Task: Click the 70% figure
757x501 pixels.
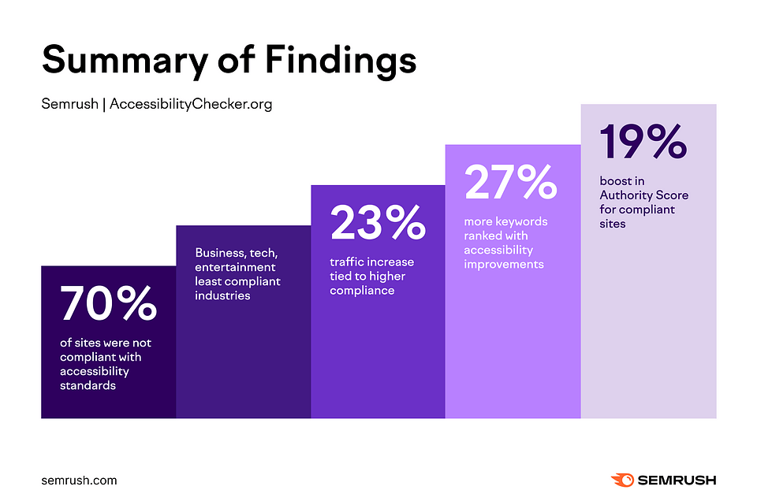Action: tap(108, 304)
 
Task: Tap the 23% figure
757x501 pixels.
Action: tap(378, 224)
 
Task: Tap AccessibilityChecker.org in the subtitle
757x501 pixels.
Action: tap(191, 104)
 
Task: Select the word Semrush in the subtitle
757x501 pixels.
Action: tap(70, 104)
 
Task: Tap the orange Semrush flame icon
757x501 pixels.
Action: tap(622, 480)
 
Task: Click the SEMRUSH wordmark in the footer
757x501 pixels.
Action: tap(677, 480)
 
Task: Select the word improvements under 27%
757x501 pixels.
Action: tap(504, 265)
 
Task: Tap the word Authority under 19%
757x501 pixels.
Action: tap(627, 195)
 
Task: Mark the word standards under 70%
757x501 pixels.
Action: tap(88, 385)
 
